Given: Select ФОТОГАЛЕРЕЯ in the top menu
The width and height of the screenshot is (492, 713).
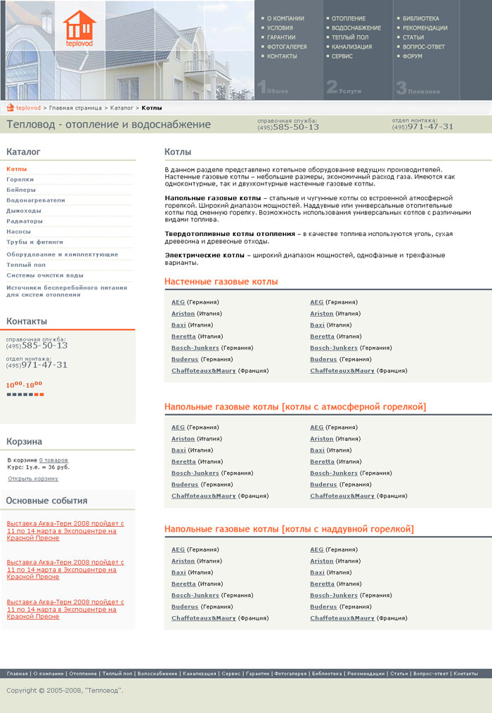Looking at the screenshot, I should [287, 46].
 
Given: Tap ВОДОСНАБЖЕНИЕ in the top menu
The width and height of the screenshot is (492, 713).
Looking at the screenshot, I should [356, 27].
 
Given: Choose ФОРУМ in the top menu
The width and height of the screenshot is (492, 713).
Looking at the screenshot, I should [413, 56].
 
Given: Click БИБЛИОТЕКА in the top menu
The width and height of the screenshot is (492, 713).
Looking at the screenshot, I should [421, 18].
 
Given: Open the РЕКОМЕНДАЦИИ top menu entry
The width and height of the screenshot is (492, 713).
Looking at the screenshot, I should [425, 27].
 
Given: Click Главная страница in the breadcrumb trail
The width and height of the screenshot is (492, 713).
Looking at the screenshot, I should [76, 108].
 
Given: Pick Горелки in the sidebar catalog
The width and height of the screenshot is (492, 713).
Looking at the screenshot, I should [20, 179].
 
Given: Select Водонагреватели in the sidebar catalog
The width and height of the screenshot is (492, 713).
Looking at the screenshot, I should [35, 200].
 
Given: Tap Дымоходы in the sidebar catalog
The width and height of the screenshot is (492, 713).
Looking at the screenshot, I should [24, 211].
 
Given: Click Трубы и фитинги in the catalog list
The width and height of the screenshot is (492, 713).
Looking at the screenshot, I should [34, 242].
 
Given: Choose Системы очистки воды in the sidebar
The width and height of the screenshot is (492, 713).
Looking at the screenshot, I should [45, 275].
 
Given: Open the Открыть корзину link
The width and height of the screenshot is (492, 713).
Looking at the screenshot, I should [33, 478].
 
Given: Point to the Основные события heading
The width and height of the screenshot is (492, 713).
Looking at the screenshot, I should [46, 501].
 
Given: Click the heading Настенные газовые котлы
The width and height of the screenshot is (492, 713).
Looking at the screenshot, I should [221, 282].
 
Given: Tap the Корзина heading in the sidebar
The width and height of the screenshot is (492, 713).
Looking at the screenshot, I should [24, 442].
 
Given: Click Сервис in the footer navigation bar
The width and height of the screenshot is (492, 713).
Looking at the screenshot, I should [231, 674].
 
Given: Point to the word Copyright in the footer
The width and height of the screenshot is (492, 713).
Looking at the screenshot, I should [21, 691].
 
